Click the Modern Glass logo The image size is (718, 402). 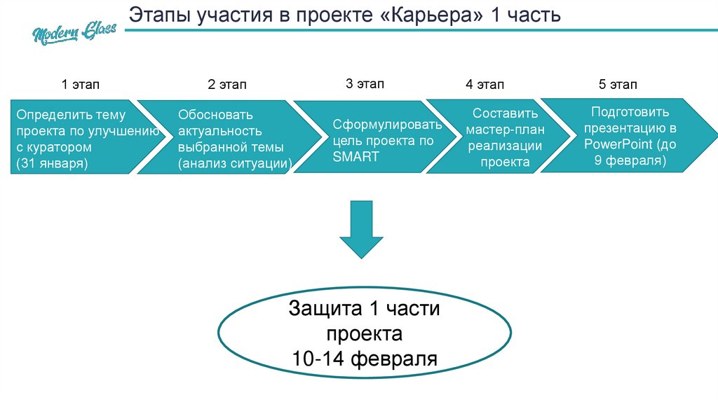73,32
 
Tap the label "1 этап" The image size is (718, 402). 81,85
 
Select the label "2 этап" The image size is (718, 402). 227,85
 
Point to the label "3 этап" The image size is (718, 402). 365,84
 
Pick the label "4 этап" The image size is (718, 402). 485,85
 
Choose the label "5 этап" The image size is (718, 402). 618,85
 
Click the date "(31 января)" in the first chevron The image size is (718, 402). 52,164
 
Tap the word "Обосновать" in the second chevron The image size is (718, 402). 215,114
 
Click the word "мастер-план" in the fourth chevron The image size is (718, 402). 505,130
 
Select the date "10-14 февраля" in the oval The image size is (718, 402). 365,359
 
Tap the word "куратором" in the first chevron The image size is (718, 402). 60,148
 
